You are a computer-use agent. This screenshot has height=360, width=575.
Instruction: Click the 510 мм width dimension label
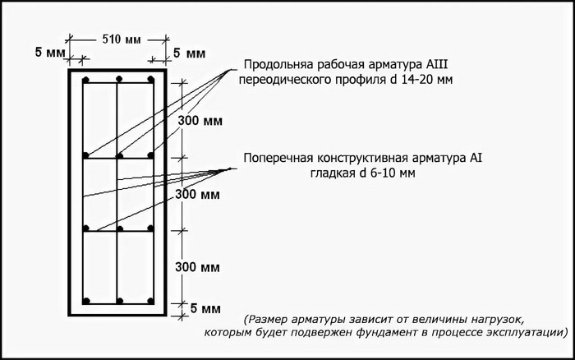point(121,39)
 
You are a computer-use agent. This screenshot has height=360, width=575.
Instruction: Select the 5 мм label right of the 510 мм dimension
point(189,53)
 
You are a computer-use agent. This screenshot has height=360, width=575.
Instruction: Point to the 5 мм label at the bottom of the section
point(205,308)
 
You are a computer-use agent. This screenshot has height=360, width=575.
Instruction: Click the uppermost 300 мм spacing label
point(200,121)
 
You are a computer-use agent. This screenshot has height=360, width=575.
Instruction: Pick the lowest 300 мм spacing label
point(197,267)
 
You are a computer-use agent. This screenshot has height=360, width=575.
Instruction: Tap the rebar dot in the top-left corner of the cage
point(86,80)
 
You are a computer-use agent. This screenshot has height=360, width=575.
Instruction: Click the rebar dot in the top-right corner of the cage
point(150,79)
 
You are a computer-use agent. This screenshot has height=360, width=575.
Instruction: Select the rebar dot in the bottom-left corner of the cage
point(86,301)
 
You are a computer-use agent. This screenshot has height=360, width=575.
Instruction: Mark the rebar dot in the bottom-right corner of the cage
point(150,301)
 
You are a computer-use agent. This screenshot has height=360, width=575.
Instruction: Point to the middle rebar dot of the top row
point(119,79)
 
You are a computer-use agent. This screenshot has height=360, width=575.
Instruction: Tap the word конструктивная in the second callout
point(362,158)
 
